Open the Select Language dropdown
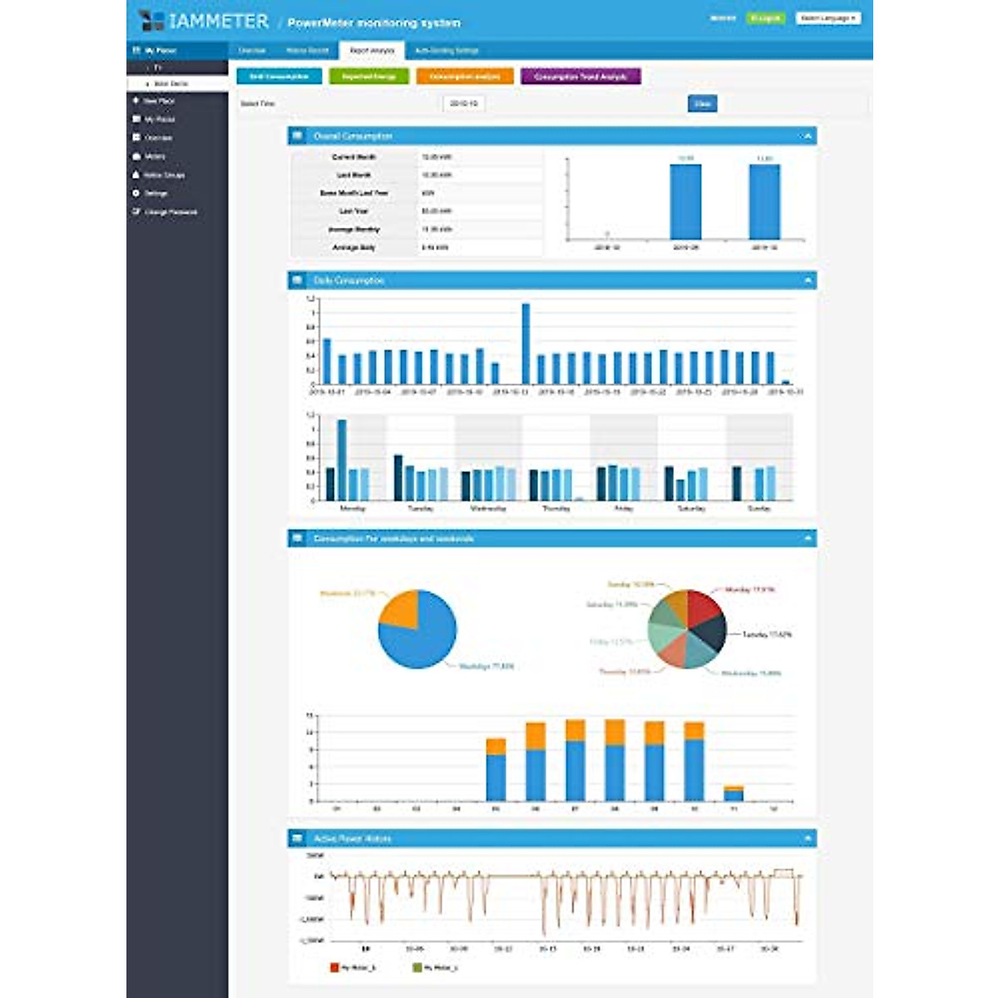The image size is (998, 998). [x=828, y=18]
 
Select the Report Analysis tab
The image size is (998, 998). [x=372, y=51]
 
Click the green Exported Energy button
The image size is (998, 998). [x=368, y=77]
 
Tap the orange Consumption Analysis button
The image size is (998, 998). [x=465, y=77]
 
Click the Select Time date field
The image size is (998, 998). [x=463, y=104]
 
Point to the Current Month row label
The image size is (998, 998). [x=354, y=157]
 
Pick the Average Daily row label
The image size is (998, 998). [x=354, y=248]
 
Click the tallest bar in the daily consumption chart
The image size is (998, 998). [x=526, y=343]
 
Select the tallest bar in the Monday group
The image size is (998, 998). [x=342, y=459]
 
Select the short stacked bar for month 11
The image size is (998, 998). [x=734, y=793]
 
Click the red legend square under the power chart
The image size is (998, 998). [x=335, y=967]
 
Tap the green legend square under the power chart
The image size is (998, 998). [x=417, y=967]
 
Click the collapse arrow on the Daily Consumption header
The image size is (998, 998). [x=808, y=281]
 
